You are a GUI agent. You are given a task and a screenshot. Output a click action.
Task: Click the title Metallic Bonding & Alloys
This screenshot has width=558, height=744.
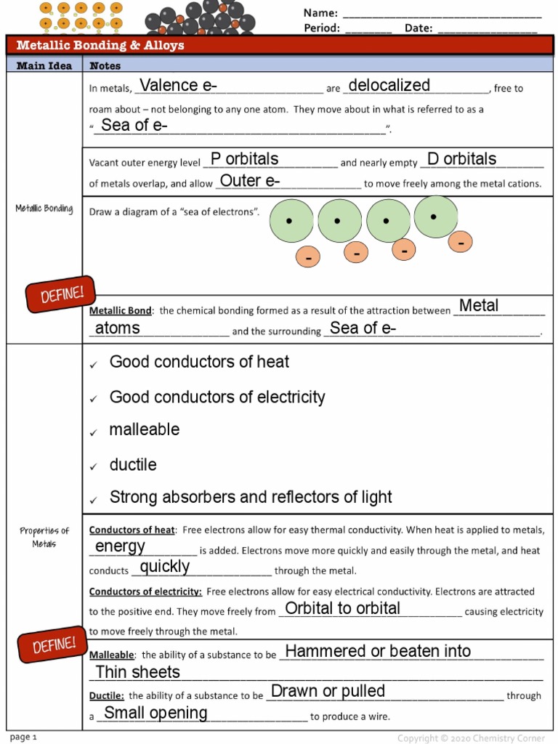tap(100, 45)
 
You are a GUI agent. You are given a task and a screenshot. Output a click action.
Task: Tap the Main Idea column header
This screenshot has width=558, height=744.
tap(44, 65)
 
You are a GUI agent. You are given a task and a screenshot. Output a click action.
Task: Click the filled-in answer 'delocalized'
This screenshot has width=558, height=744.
tap(389, 86)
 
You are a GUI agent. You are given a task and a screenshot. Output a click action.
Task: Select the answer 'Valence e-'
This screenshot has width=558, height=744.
tap(178, 86)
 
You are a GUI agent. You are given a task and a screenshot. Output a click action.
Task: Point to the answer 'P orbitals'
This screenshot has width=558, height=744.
tap(244, 159)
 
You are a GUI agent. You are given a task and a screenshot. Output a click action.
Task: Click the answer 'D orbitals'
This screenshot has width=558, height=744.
tap(461, 159)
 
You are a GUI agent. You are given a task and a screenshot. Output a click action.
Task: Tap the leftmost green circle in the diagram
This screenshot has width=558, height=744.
tap(291, 221)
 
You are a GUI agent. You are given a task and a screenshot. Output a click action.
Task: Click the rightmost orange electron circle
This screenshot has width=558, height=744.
tap(461, 242)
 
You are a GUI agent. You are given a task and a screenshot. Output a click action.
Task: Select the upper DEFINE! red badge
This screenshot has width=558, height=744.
tap(61, 294)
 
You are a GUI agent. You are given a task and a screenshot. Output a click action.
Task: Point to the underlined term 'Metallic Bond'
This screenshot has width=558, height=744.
tap(121, 311)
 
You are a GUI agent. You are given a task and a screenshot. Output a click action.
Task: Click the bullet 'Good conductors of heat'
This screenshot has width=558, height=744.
tap(199, 362)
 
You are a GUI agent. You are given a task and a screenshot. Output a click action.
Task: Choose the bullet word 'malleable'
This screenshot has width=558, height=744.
tap(144, 429)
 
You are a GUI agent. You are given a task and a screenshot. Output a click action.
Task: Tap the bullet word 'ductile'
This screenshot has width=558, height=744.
tap(133, 464)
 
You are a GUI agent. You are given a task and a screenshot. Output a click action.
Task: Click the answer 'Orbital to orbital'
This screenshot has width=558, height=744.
tap(342, 609)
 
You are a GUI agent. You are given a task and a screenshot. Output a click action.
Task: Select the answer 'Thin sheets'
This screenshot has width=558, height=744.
tap(138, 672)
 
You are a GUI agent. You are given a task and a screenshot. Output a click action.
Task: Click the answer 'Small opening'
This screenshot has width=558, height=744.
tap(155, 713)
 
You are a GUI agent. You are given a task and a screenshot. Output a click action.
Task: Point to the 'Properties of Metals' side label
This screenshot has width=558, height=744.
tap(44, 537)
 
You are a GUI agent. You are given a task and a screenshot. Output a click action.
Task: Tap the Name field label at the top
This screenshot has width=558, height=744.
tap(320, 13)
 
